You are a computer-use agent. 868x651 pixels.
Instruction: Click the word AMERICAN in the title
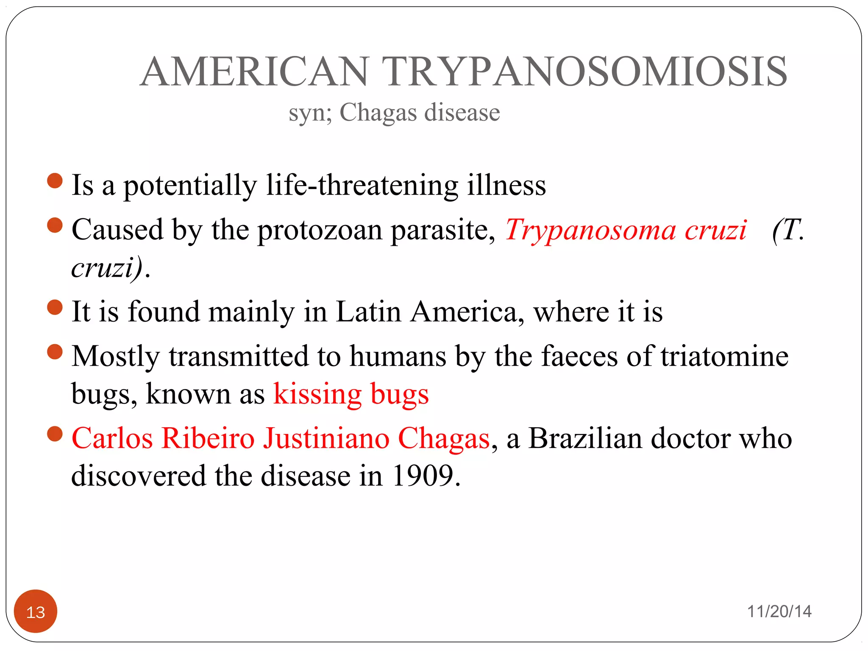tap(254, 72)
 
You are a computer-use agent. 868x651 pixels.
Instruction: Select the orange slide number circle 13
tap(36, 611)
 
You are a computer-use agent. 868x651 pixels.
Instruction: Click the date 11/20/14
tap(779, 611)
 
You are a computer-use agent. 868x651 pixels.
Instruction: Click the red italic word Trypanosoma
tap(590, 230)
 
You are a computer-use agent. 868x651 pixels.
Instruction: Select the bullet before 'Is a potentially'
tap(55, 181)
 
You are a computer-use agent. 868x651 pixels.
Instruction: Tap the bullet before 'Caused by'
tap(55, 225)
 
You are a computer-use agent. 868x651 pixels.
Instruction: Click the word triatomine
tap(725, 356)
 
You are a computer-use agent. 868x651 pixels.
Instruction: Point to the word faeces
tap(579, 356)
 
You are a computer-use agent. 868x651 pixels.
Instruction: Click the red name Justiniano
tap(326, 438)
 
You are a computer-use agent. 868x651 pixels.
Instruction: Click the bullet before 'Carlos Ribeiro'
tap(55, 434)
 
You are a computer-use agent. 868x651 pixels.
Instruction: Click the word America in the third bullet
tap(464, 312)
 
